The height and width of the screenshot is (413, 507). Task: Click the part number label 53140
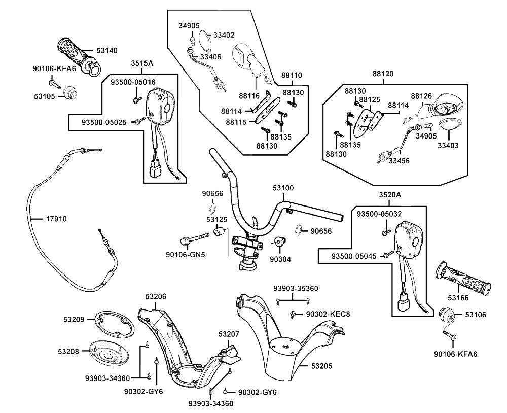tap(107, 50)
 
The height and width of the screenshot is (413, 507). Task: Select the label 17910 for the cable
tap(56, 219)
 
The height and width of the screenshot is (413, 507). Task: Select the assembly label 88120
tap(383, 74)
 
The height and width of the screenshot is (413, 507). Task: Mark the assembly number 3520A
tap(390, 195)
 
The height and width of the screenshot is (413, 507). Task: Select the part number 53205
tap(322, 365)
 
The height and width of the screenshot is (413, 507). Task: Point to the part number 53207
tap(229, 334)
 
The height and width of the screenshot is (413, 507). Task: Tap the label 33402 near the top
tap(224, 35)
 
